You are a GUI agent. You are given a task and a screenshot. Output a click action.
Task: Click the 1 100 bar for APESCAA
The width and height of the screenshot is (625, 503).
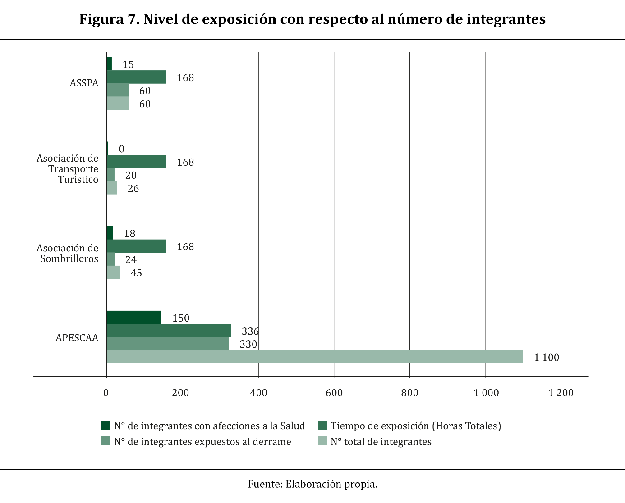click(x=315, y=357)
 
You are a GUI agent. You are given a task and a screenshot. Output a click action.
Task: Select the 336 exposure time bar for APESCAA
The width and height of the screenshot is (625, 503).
click(x=169, y=331)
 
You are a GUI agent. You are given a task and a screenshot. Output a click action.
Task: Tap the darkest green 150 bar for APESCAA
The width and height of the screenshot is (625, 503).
click(x=134, y=317)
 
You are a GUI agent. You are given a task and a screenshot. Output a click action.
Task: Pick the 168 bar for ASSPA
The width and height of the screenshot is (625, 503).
click(x=136, y=77)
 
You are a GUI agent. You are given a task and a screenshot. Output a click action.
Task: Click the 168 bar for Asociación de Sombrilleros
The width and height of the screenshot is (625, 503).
click(x=136, y=246)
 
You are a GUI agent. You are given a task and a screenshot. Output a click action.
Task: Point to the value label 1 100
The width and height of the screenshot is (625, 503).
click(x=547, y=358)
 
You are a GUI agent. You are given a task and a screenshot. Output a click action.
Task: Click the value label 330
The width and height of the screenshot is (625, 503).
click(x=248, y=344)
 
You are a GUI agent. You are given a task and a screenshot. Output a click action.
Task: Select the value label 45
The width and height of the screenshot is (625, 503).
click(x=136, y=273)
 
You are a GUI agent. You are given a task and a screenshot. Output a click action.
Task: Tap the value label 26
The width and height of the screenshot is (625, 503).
click(x=133, y=189)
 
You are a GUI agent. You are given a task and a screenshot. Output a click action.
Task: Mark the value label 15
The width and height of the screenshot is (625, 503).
click(x=128, y=65)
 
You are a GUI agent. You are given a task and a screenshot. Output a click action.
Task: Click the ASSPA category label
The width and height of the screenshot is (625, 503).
click(x=84, y=83)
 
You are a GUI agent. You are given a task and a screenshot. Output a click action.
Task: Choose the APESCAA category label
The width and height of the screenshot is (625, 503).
click(x=77, y=338)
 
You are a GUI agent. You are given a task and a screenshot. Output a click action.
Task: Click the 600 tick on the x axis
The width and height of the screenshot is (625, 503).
click(x=334, y=393)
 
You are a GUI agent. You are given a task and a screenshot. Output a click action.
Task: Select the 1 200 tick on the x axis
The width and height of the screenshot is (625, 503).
click(x=561, y=393)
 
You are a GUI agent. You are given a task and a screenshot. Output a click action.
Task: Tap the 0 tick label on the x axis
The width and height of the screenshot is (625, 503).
click(x=106, y=393)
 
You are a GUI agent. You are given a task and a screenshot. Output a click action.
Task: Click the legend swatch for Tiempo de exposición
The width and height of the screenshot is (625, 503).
click(x=322, y=426)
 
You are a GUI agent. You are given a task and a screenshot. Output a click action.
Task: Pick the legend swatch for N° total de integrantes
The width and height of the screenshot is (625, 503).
click(x=322, y=441)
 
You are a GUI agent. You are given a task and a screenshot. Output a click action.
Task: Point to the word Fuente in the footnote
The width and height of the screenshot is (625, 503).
click(x=264, y=485)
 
